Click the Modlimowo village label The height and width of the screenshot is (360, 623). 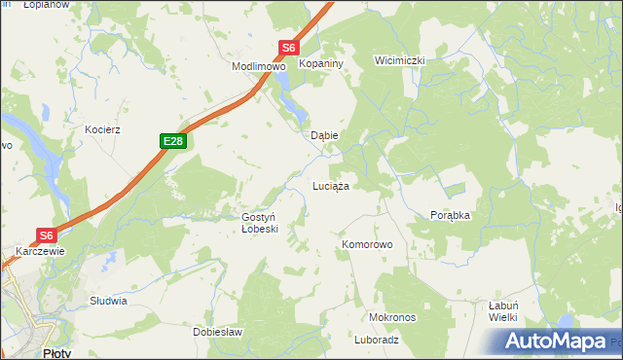257,67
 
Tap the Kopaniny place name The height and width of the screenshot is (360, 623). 318,61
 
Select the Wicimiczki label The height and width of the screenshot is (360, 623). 400,60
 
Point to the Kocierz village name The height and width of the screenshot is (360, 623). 101,129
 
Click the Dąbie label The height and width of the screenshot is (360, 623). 323,136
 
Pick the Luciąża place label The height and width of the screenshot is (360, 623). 330,185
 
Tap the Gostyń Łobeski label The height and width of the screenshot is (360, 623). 260,223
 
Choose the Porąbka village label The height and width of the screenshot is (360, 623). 450,216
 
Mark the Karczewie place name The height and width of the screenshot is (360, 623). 40,251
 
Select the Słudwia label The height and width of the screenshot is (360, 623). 108,301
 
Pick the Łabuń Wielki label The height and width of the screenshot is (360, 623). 503,310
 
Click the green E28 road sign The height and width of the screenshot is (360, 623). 173,142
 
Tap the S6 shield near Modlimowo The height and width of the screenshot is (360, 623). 289,47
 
